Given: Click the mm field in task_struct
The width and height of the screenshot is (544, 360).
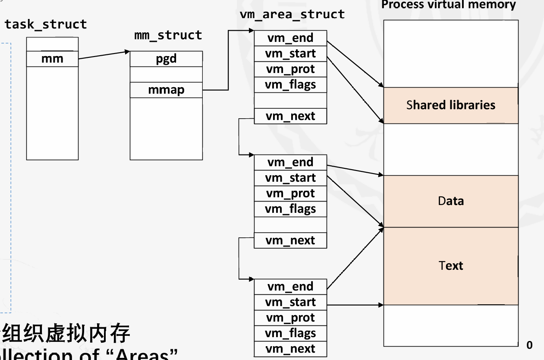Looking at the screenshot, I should [x=52, y=59].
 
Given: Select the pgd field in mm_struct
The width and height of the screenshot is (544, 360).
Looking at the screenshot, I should [x=166, y=59].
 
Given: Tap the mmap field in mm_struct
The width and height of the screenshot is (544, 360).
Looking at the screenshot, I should [x=166, y=90].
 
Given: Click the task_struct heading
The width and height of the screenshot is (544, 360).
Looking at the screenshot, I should [x=46, y=24].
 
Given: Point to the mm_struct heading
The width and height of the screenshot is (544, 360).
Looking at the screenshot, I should [x=168, y=35].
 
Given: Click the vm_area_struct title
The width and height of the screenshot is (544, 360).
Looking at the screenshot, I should [x=292, y=14].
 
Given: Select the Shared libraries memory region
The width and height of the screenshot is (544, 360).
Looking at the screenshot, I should [x=450, y=105].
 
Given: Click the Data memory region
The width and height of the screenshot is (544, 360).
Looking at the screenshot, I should [x=450, y=201].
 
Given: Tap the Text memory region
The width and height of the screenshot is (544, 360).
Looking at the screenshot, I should [x=450, y=266].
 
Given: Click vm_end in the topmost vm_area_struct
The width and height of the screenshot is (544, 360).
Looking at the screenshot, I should [x=290, y=38].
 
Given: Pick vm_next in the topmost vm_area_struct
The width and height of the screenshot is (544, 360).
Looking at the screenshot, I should [x=290, y=116].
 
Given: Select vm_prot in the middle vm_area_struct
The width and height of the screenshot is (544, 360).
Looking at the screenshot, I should [x=290, y=194].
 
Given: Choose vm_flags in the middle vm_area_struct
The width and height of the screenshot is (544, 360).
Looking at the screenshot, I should [x=290, y=209].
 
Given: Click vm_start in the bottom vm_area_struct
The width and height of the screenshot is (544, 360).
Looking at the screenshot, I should [x=290, y=303].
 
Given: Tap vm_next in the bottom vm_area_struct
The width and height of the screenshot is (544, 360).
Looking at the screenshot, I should [x=290, y=349].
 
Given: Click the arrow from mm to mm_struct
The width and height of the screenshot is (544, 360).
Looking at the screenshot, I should [x=104, y=56].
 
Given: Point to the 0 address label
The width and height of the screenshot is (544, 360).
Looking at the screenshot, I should [x=529, y=345].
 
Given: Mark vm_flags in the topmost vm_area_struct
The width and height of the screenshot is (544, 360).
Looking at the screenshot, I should [x=290, y=85].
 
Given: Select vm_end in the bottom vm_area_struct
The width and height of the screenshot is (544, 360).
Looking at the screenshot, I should [x=290, y=287].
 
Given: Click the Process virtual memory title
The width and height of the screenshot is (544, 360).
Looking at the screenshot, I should [x=449, y=5].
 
